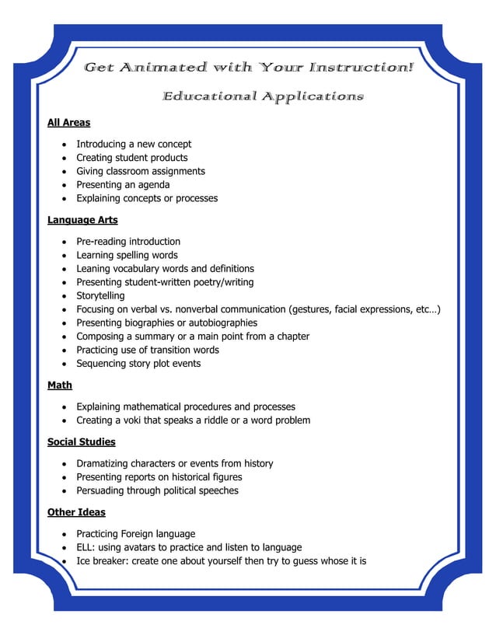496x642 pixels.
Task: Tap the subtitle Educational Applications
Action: coord(263,96)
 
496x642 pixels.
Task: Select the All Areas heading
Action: coord(68,122)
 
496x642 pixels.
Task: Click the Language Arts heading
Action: coord(82,220)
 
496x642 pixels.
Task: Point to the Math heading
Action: coord(60,385)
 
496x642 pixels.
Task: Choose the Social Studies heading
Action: coord(81,441)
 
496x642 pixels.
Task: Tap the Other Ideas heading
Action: coord(76,512)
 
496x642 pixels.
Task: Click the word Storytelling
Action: coord(100,295)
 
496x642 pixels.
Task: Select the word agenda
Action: coord(152,185)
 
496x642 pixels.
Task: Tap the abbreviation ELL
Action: coord(85,547)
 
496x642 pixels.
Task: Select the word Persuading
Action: coord(102,490)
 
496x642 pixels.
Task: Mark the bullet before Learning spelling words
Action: coord(62,255)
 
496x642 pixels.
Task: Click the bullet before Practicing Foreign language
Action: coord(62,534)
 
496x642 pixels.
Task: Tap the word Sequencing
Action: coord(102,364)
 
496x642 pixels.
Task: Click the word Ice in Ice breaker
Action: coord(83,561)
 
